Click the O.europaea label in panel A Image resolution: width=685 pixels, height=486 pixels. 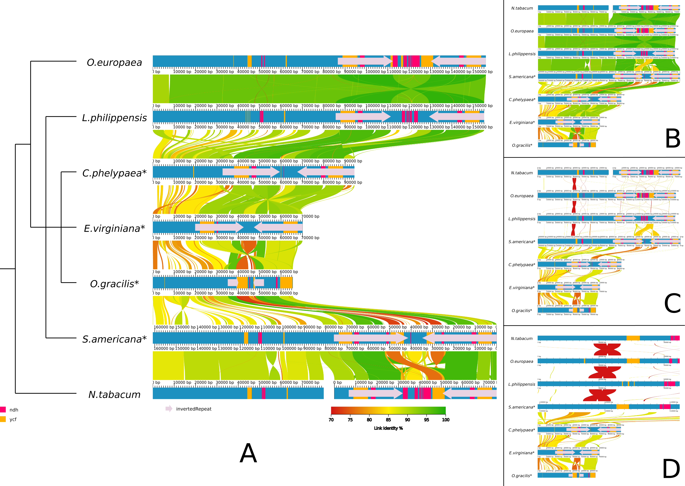tap(114, 63)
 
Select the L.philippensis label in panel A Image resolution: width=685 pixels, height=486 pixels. tap(114, 118)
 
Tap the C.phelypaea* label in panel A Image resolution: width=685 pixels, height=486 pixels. tap(114, 173)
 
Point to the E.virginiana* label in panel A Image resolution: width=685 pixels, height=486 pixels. tap(114, 229)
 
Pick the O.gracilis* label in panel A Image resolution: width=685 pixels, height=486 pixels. tap(114, 284)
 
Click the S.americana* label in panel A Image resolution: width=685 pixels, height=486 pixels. tap(114, 339)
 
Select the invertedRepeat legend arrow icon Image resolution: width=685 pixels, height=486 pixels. tap(169, 409)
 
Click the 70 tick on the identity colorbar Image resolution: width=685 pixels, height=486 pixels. tap(331, 420)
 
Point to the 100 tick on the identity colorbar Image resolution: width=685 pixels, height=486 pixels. tap(446, 420)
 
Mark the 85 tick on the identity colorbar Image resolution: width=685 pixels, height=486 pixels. tap(388, 420)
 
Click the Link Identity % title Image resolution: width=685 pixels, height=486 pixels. tap(388, 428)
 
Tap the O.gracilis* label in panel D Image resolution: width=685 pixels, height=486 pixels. tap(522, 476)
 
